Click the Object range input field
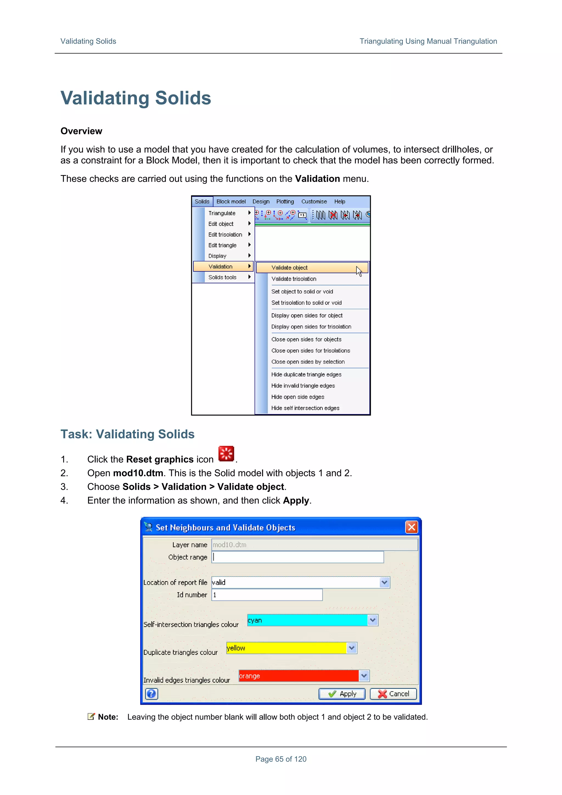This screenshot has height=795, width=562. (x=297, y=557)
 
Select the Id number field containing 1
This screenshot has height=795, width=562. (x=267, y=594)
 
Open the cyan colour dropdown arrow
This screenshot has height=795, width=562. (x=373, y=620)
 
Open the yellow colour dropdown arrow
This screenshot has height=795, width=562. (x=352, y=647)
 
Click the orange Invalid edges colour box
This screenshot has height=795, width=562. (x=298, y=676)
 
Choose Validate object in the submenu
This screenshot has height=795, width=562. (x=290, y=268)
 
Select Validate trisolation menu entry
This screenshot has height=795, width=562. (x=294, y=279)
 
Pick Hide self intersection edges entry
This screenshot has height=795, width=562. (x=305, y=408)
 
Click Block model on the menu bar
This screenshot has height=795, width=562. (x=231, y=201)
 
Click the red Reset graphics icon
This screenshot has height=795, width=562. (x=226, y=454)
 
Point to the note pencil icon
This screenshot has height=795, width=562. (x=91, y=717)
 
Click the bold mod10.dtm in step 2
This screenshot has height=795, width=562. (x=138, y=473)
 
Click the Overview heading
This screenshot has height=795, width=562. (x=82, y=131)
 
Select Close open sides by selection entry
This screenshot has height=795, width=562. (x=308, y=361)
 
